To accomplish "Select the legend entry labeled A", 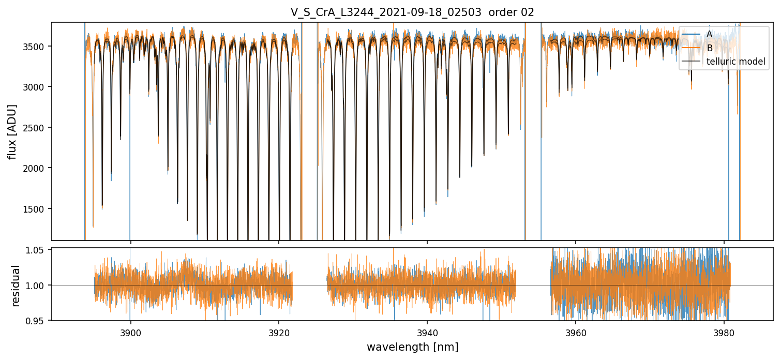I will tap(709, 34).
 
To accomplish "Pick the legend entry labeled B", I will tap(709, 48).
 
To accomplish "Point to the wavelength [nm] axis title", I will tap(412, 347).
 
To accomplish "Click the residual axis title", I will tap(16, 286).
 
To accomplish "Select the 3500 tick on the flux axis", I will tap(37, 47).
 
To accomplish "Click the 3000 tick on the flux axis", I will tap(37, 87).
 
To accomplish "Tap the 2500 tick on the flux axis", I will tap(37, 128).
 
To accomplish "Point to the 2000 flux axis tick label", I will tap(37, 168).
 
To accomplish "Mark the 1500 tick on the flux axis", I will tap(37, 209).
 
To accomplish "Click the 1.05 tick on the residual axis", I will tap(39, 250).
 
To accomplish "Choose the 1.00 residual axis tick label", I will tap(39, 286).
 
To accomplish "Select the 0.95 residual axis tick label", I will tap(39, 321).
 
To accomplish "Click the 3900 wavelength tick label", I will tap(130, 333).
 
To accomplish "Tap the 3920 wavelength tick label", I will tap(279, 333).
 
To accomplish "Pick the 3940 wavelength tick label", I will tap(427, 333).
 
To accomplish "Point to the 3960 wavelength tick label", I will tap(576, 333).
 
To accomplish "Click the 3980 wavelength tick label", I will tap(724, 333).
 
